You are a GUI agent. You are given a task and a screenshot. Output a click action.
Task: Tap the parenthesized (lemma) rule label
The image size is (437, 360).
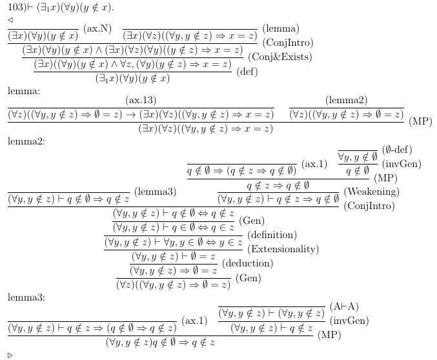pos(281,29)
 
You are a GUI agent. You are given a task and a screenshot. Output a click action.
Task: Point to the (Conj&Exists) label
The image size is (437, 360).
pos(280,56)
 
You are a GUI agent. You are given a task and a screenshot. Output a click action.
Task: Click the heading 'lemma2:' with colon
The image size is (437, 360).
pos(26,141)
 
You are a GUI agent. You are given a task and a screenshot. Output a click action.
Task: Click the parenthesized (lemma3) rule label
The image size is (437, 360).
pos(156,192)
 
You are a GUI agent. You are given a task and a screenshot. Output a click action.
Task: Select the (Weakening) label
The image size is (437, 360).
pos(371,192)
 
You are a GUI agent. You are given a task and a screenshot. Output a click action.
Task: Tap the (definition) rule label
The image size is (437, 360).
pos(272,234)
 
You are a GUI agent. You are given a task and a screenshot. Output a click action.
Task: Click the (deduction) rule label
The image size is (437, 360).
pos(248,263)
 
